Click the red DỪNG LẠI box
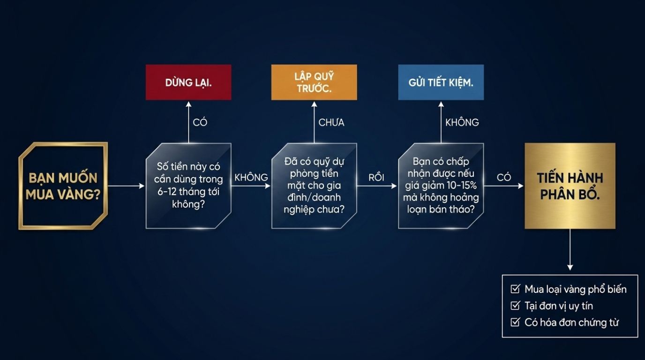188,82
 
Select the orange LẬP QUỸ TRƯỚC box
314,82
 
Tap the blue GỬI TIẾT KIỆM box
441,82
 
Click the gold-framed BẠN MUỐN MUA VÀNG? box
63,186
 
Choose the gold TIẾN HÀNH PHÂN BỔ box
570,186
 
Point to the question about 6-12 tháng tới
188,186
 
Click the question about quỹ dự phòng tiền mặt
314,186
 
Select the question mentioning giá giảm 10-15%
441,186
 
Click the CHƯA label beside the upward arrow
331,122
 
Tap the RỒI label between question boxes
376,177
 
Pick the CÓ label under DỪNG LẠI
200,122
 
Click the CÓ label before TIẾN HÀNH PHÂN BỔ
503,177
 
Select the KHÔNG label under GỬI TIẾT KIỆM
462,122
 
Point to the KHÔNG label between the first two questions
251,177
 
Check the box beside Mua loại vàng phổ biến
515,289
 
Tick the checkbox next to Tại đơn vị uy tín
515,306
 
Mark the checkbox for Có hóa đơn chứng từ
515,322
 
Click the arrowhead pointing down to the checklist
570,268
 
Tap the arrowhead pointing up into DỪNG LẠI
188,104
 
